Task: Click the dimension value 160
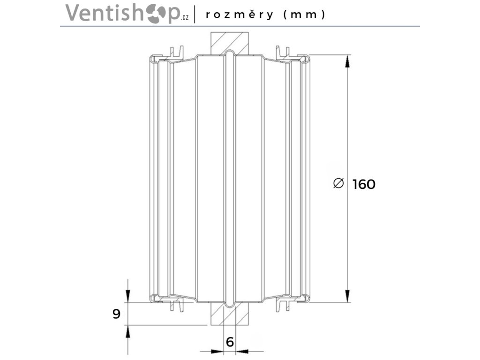click(x=364, y=185)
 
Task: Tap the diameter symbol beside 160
click(x=338, y=184)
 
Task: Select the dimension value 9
click(x=117, y=314)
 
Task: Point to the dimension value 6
click(x=230, y=342)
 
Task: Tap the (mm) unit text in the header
click(x=304, y=15)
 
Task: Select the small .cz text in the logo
click(x=185, y=18)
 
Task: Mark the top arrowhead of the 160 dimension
click(x=347, y=61)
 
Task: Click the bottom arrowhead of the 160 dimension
click(x=347, y=296)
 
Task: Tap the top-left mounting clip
click(x=176, y=53)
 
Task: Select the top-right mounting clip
click(x=283, y=53)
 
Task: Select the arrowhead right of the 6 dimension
click(x=241, y=351)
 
